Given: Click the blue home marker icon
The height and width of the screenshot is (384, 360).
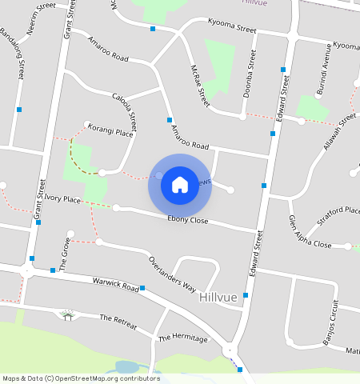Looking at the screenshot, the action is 180,185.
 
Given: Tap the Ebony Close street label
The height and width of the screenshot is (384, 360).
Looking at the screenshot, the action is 188,220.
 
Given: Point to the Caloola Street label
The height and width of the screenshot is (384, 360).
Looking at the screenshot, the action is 125,110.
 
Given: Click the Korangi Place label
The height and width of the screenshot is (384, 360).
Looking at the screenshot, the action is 110,130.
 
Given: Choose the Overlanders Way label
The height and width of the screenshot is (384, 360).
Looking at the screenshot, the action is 172,274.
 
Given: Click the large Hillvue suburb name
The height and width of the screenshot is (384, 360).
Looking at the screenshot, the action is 218,298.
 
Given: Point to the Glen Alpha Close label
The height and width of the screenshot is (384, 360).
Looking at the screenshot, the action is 310,233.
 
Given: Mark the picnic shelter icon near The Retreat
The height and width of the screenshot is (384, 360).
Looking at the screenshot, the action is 68,315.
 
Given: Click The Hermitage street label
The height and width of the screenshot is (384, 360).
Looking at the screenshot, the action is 182,339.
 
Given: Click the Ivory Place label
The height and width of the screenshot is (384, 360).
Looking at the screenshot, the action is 62,198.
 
